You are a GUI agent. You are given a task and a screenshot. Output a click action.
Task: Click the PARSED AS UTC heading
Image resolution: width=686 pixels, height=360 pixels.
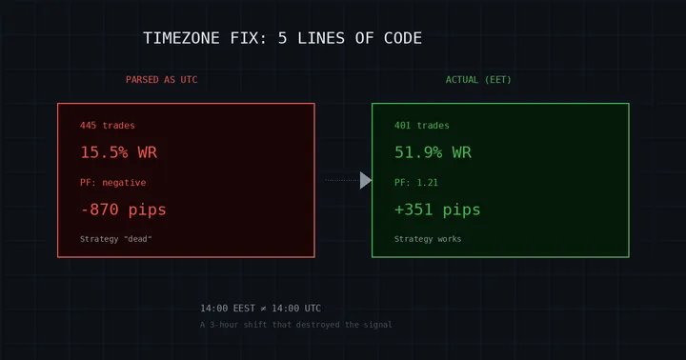point(161,80)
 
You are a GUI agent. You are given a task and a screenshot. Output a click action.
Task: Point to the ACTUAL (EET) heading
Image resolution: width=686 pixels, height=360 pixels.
point(478,80)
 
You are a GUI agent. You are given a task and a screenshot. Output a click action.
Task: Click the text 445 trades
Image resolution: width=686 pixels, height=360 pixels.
point(108,126)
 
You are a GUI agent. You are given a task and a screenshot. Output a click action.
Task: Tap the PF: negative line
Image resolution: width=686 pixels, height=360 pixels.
point(113,182)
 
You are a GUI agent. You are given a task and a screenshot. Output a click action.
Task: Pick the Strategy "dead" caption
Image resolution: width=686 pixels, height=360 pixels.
point(116,239)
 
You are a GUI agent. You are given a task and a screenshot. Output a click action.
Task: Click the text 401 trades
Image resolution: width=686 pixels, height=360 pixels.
point(422,126)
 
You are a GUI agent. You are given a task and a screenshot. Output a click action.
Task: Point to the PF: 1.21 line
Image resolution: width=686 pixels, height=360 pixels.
point(416,182)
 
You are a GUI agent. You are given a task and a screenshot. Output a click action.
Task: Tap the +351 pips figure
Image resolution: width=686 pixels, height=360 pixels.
point(437,210)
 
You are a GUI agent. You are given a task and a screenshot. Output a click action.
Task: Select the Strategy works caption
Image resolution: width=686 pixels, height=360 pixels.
point(428,239)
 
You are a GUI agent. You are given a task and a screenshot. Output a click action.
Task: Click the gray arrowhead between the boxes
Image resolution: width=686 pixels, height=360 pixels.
point(365,180)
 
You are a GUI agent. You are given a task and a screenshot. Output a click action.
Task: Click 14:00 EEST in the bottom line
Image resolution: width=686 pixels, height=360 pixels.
point(227,309)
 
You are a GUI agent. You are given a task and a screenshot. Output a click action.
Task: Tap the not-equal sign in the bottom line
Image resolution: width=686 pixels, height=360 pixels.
point(262,309)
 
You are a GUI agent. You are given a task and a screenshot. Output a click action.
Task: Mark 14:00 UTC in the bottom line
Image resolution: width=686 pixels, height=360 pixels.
point(296,309)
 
